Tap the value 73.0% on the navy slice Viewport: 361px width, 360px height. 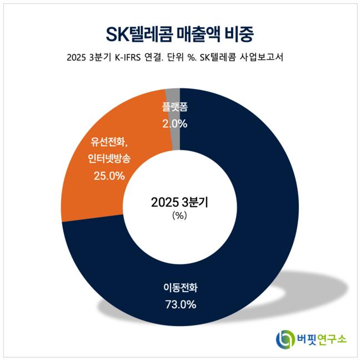click(180, 304)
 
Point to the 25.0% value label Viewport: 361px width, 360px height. click(109, 176)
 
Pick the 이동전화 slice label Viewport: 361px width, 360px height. click(180, 288)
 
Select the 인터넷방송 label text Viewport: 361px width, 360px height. click(109, 159)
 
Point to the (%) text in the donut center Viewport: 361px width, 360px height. click(180, 216)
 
